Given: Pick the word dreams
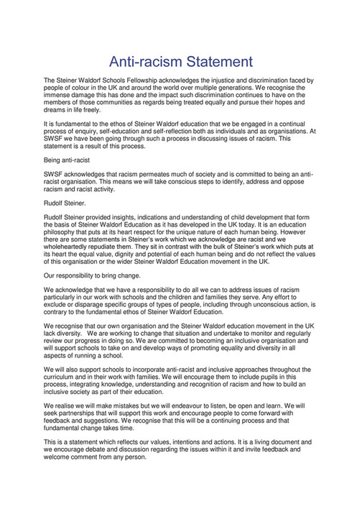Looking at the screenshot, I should click(57, 110).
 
